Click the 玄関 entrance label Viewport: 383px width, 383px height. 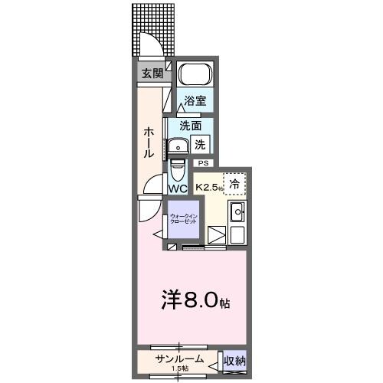click(x=152, y=74)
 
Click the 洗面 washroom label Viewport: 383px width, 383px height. click(x=191, y=126)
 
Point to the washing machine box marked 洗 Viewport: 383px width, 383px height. click(x=200, y=143)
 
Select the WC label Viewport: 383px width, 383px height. click(x=178, y=188)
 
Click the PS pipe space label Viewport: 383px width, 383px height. click(x=203, y=163)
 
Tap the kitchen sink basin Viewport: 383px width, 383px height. click(x=237, y=213)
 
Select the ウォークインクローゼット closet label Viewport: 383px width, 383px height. click(x=184, y=218)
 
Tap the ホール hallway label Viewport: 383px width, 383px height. click(x=149, y=142)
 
